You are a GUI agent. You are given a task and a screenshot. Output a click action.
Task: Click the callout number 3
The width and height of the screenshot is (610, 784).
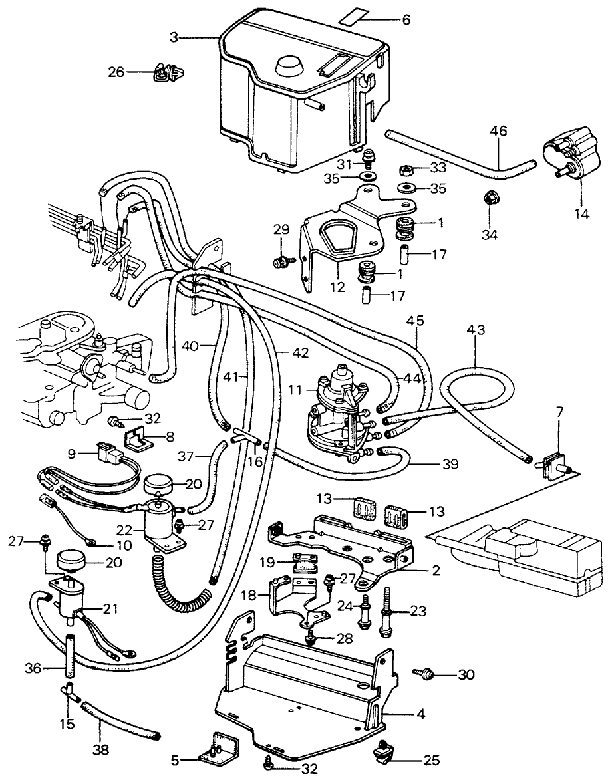(x=174, y=38)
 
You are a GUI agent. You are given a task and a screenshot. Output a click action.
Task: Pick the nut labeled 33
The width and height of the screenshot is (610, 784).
(x=404, y=170)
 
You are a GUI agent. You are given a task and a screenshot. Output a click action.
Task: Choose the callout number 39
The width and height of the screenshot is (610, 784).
(x=451, y=464)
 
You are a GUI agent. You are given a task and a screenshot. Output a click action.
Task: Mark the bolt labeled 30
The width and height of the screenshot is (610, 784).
(x=424, y=674)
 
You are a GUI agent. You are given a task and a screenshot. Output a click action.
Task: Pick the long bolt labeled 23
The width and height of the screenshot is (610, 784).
(x=387, y=617)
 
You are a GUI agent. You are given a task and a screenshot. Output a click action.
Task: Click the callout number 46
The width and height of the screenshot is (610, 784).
(x=498, y=131)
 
